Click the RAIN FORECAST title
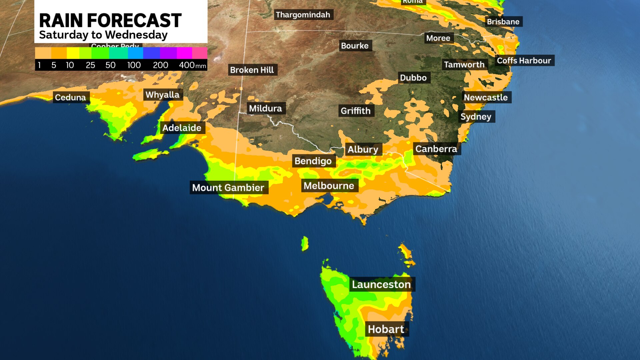point(110,20)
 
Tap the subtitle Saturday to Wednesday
point(103,35)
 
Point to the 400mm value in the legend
point(192,65)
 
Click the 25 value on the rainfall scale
point(90,65)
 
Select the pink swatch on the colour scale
point(200,53)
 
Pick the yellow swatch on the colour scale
point(73,53)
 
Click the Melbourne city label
point(329,186)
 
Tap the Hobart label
point(386,329)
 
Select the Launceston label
point(381,284)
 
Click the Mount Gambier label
point(228,188)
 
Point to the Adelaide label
point(182,128)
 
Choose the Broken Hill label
point(252,70)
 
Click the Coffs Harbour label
point(524,61)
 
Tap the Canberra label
point(436,149)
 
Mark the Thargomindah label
point(303,15)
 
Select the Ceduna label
point(71,97)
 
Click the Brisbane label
point(503,22)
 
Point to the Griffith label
point(356,111)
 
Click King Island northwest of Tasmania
point(305,244)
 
